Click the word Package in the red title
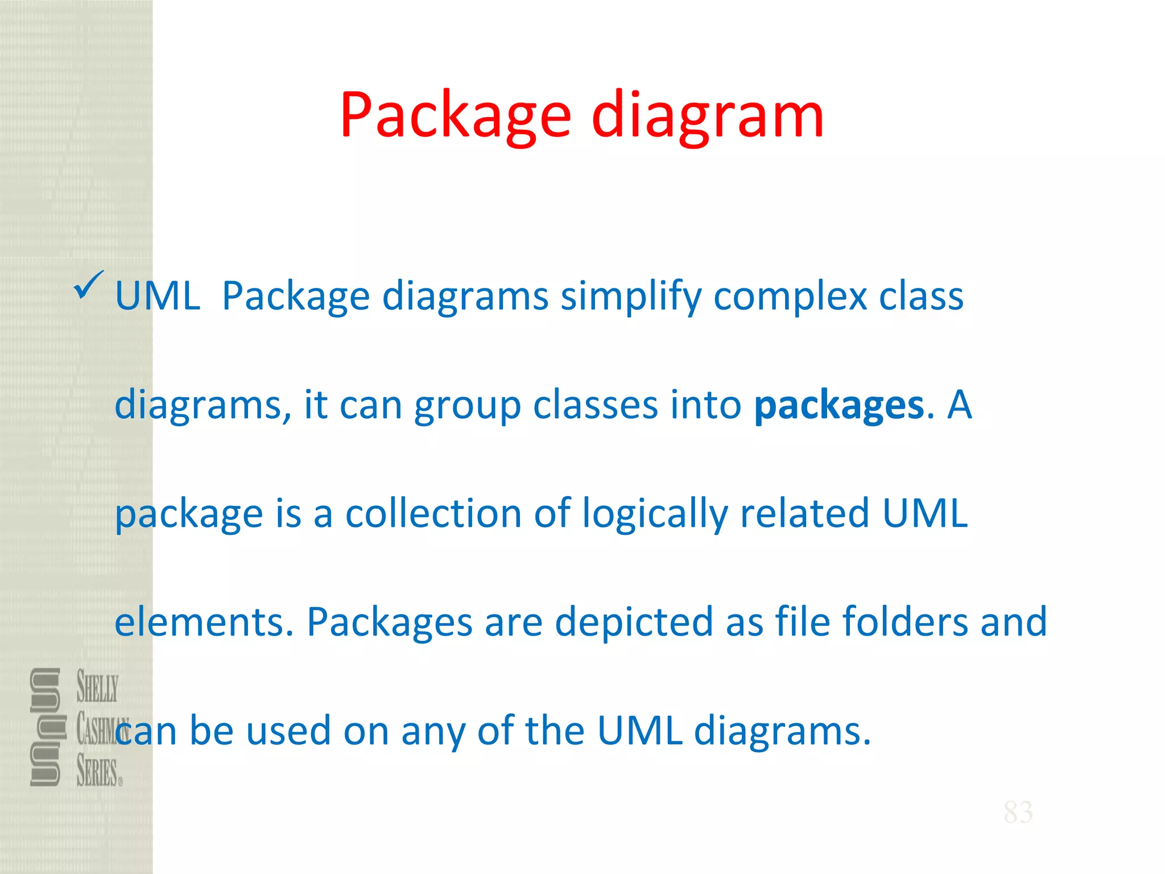455,117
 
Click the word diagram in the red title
708,117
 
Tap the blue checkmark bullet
88,285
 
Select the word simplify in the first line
631,297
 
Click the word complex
791,297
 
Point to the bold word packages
839,406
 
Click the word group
467,406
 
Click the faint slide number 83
1018,812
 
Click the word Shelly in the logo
97,687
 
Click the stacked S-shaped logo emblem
45,727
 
